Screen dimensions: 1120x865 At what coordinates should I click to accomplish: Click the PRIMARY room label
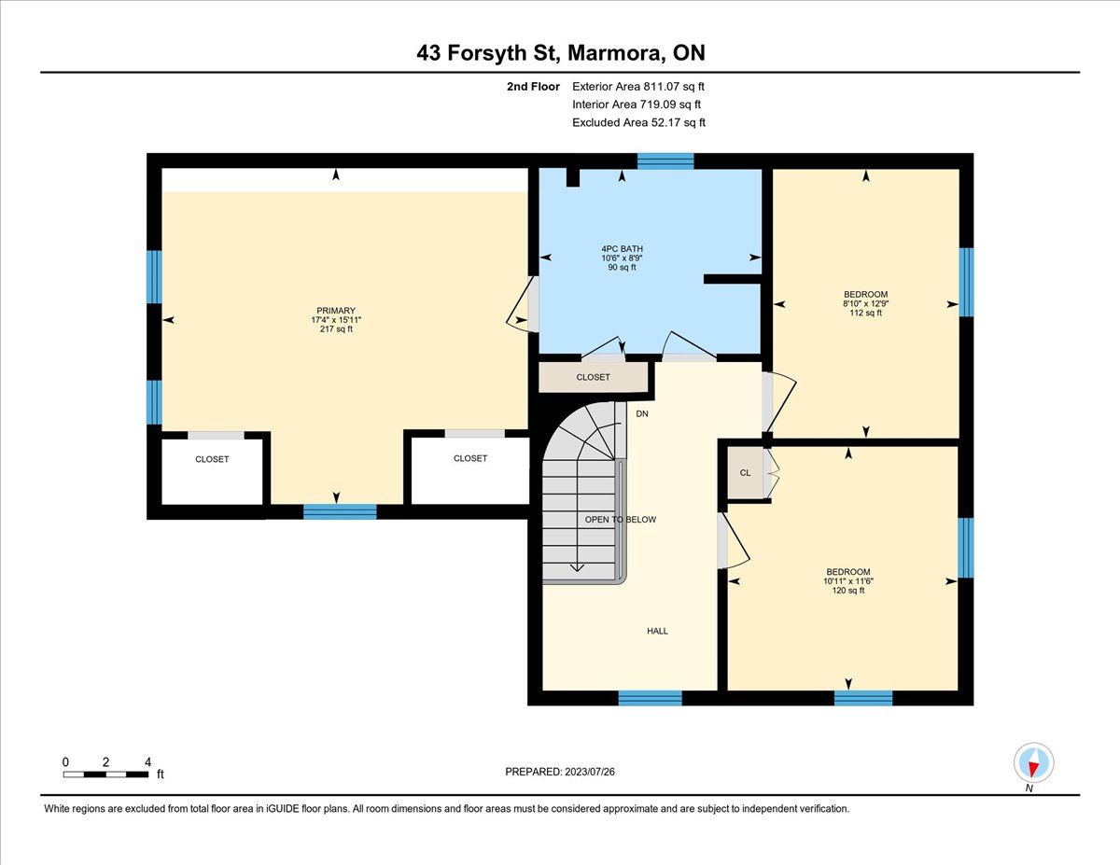(x=336, y=311)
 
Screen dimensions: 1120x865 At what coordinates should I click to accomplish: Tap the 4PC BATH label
(x=623, y=249)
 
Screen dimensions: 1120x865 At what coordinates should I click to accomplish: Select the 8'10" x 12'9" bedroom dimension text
(x=865, y=304)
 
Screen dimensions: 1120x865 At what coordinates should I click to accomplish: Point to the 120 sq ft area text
(x=847, y=591)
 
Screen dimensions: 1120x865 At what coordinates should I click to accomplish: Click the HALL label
(x=657, y=631)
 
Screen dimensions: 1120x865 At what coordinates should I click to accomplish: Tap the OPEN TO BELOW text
(x=620, y=520)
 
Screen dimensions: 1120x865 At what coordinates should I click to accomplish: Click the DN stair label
(x=642, y=413)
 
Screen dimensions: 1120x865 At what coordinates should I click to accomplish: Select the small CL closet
(x=746, y=473)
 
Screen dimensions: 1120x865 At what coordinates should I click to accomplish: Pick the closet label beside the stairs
(x=593, y=377)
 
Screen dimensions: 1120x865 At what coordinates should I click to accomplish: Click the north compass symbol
(x=1033, y=762)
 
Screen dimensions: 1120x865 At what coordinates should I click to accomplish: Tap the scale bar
(x=105, y=774)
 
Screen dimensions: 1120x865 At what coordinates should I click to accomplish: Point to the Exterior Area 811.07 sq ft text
(x=638, y=87)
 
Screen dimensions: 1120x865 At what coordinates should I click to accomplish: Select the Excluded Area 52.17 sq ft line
(x=638, y=122)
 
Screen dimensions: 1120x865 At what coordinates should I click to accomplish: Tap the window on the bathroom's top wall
(x=665, y=161)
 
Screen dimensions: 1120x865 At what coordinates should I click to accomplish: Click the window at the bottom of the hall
(x=650, y=698)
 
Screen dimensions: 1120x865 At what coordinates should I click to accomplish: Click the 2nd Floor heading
(x=533, y=87)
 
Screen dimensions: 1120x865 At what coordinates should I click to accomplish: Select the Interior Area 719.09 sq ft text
(x=637, y=105)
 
